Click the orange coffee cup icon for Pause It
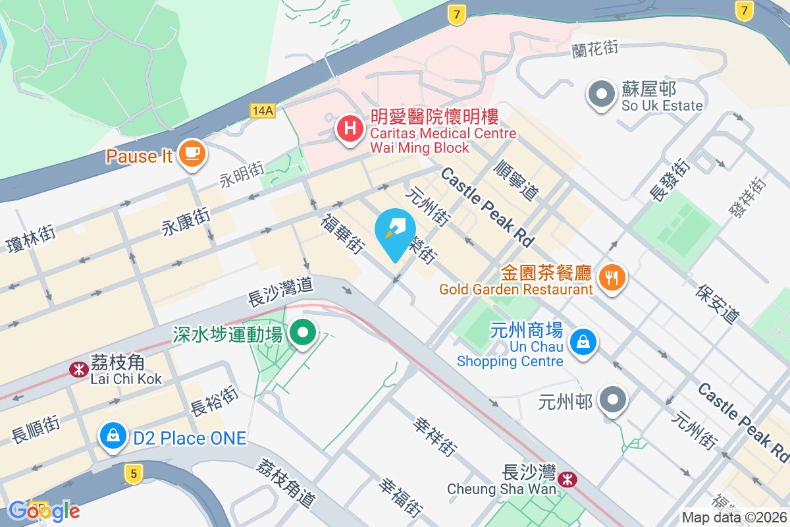(x=192, y=153)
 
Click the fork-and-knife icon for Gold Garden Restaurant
(x=613, y=278)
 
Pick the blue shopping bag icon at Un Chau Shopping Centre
(x=583, y=342)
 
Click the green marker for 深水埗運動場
(x=303, y=333)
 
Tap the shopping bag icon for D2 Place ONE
(x=113, y=436)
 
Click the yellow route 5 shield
(x=134, y=472)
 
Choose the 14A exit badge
(x=262, y=110)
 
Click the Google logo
(x=44, y=511)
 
